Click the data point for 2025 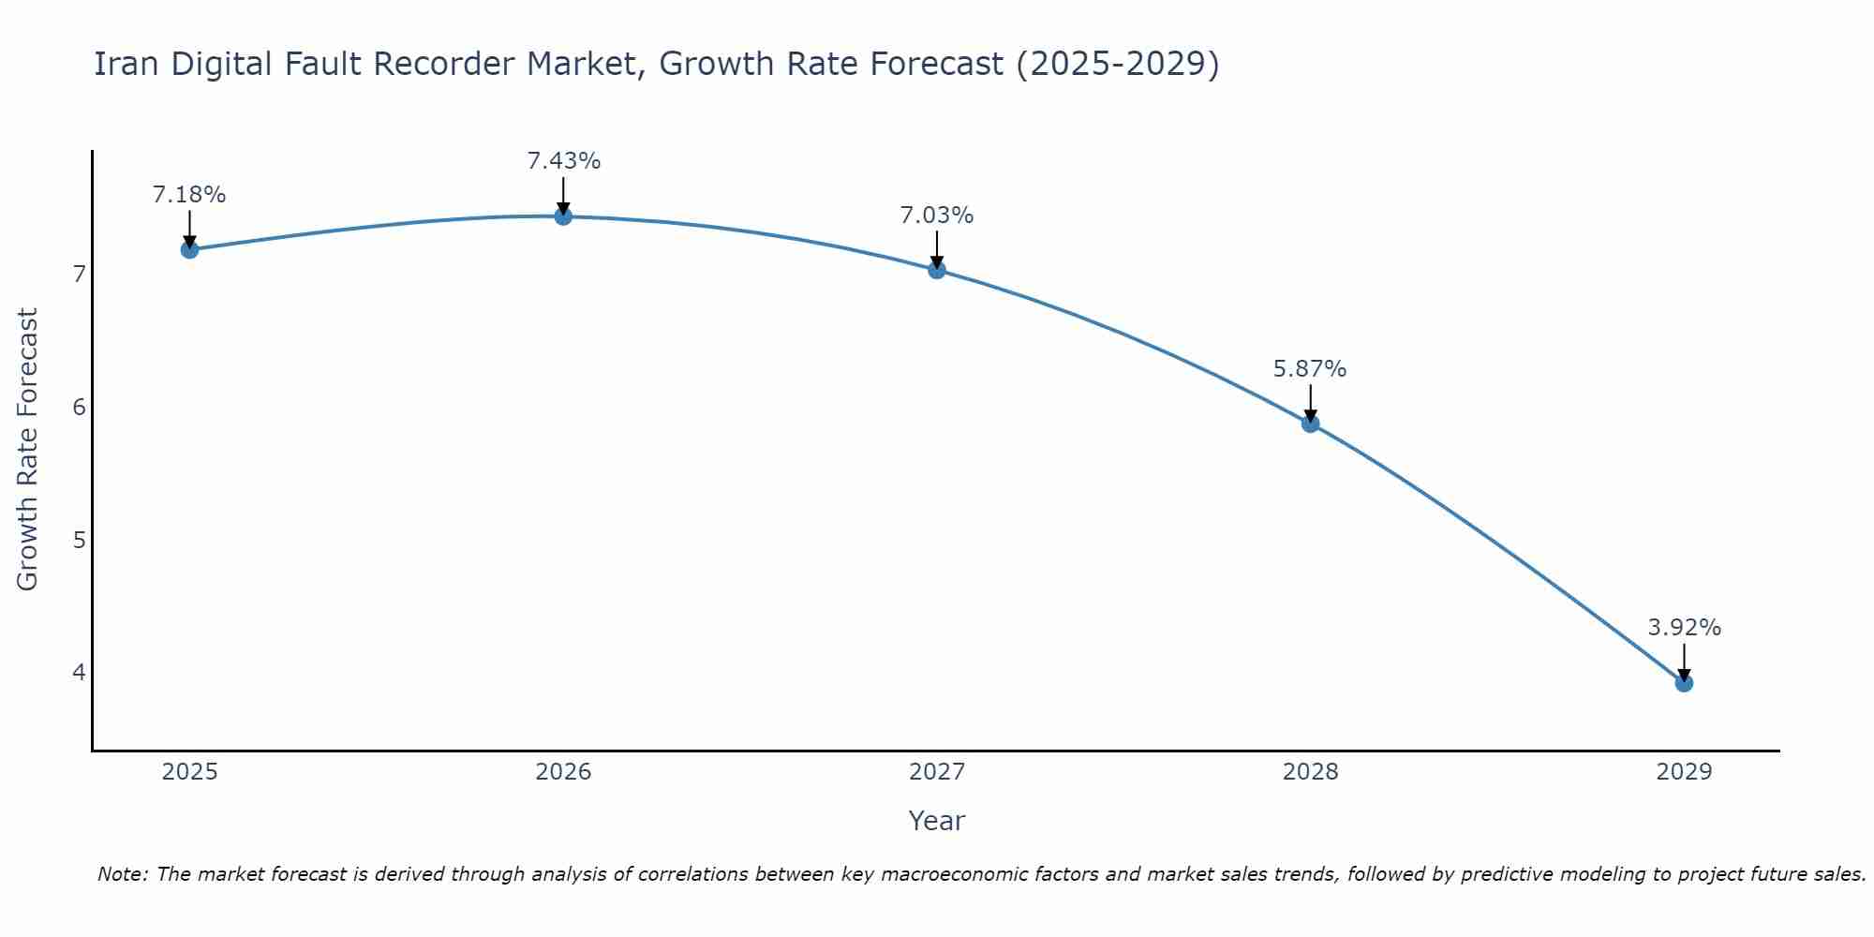(189, 249)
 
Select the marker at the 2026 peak (563, 216)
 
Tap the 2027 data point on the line (937, 270)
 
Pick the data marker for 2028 (1310, 424)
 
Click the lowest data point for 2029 (1684, 683)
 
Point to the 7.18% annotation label (189, 195)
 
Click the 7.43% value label (563, 161)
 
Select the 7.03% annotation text (937, 216)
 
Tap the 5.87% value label (1310, 369)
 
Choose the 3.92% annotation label (1684, 628)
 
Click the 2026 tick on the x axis (563, 772)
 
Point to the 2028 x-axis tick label (1310, 772)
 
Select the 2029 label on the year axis (1684, 772)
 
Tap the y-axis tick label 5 (79, 540)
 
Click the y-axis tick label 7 (79, 275)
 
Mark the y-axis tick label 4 (79, 673)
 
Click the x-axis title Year (936, 821)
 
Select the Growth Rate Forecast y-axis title (28, 450)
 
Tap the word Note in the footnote (122, 874)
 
